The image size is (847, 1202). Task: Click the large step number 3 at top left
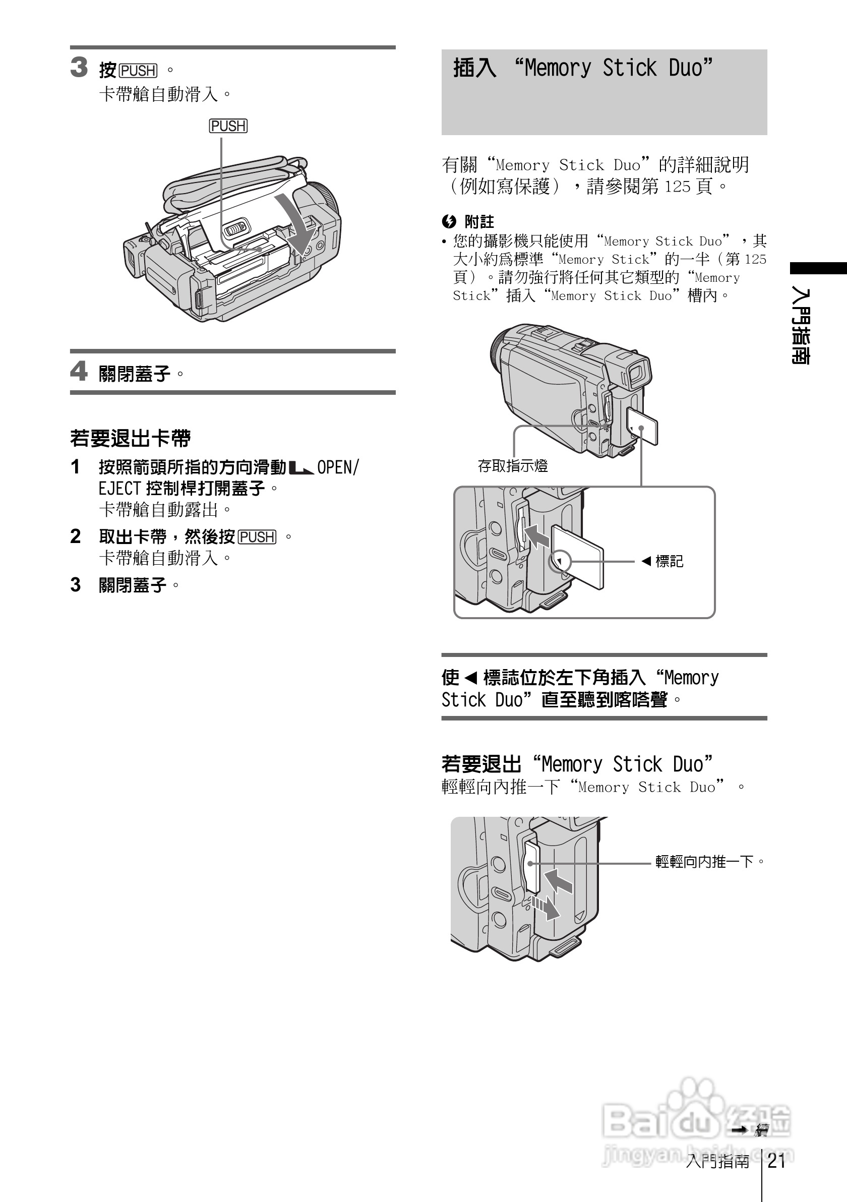point(79,68)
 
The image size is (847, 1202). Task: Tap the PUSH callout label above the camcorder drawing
point(228,126)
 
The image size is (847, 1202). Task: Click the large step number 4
point(79,371)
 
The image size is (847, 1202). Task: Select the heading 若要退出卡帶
point(131,438)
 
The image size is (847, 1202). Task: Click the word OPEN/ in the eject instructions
point(338,467)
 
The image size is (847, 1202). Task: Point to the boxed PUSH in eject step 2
point(257,537)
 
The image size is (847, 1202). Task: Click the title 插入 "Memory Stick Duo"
point(583,68)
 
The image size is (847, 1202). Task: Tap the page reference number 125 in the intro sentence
point(678,187)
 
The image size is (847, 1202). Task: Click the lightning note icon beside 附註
point(449,221)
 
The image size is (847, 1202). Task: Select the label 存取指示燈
point(513,465)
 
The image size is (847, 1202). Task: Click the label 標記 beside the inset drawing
point(669,561)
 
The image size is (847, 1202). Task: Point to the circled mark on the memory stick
point(560,562)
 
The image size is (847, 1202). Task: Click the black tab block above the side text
point(818,268)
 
